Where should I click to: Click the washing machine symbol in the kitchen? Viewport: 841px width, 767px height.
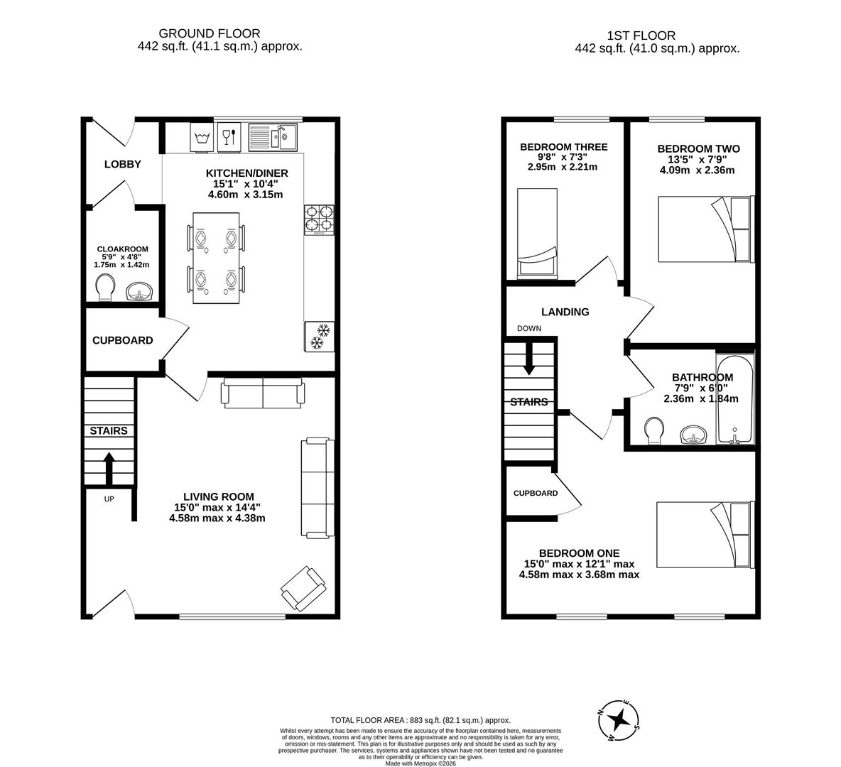(x=202, y=138)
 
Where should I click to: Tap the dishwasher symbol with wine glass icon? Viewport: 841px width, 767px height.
(x=229, y=138)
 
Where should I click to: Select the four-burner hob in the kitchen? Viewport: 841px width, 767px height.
(x=319, y=220)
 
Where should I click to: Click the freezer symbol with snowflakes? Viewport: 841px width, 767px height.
(x=319, y=337)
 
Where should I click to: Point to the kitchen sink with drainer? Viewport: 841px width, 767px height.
(x=273, y=137)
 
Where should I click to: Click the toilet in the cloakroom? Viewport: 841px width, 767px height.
(x=105, y=288)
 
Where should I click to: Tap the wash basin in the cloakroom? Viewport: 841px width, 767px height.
(x=140, y=292)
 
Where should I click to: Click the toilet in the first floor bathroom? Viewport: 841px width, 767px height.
(x=654, y=431)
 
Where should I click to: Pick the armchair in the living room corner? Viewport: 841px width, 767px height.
(x=303, y=588)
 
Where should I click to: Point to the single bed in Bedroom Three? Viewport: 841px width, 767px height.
(x=537, y=234)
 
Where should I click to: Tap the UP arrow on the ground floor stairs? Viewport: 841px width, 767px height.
(x=109, y=468)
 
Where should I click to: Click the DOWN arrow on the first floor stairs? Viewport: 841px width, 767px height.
(x=529, y=359)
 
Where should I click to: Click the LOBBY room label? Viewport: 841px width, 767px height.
(x=123, y=164)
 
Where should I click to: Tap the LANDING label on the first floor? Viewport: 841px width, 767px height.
(x=565, y=312)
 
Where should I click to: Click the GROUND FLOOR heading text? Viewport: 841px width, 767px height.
(x=209, y=34)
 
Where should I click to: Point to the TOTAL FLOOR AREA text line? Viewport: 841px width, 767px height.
(x=420, y=720)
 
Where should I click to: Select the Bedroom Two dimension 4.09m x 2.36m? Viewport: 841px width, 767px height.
(x=698, y=170)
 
